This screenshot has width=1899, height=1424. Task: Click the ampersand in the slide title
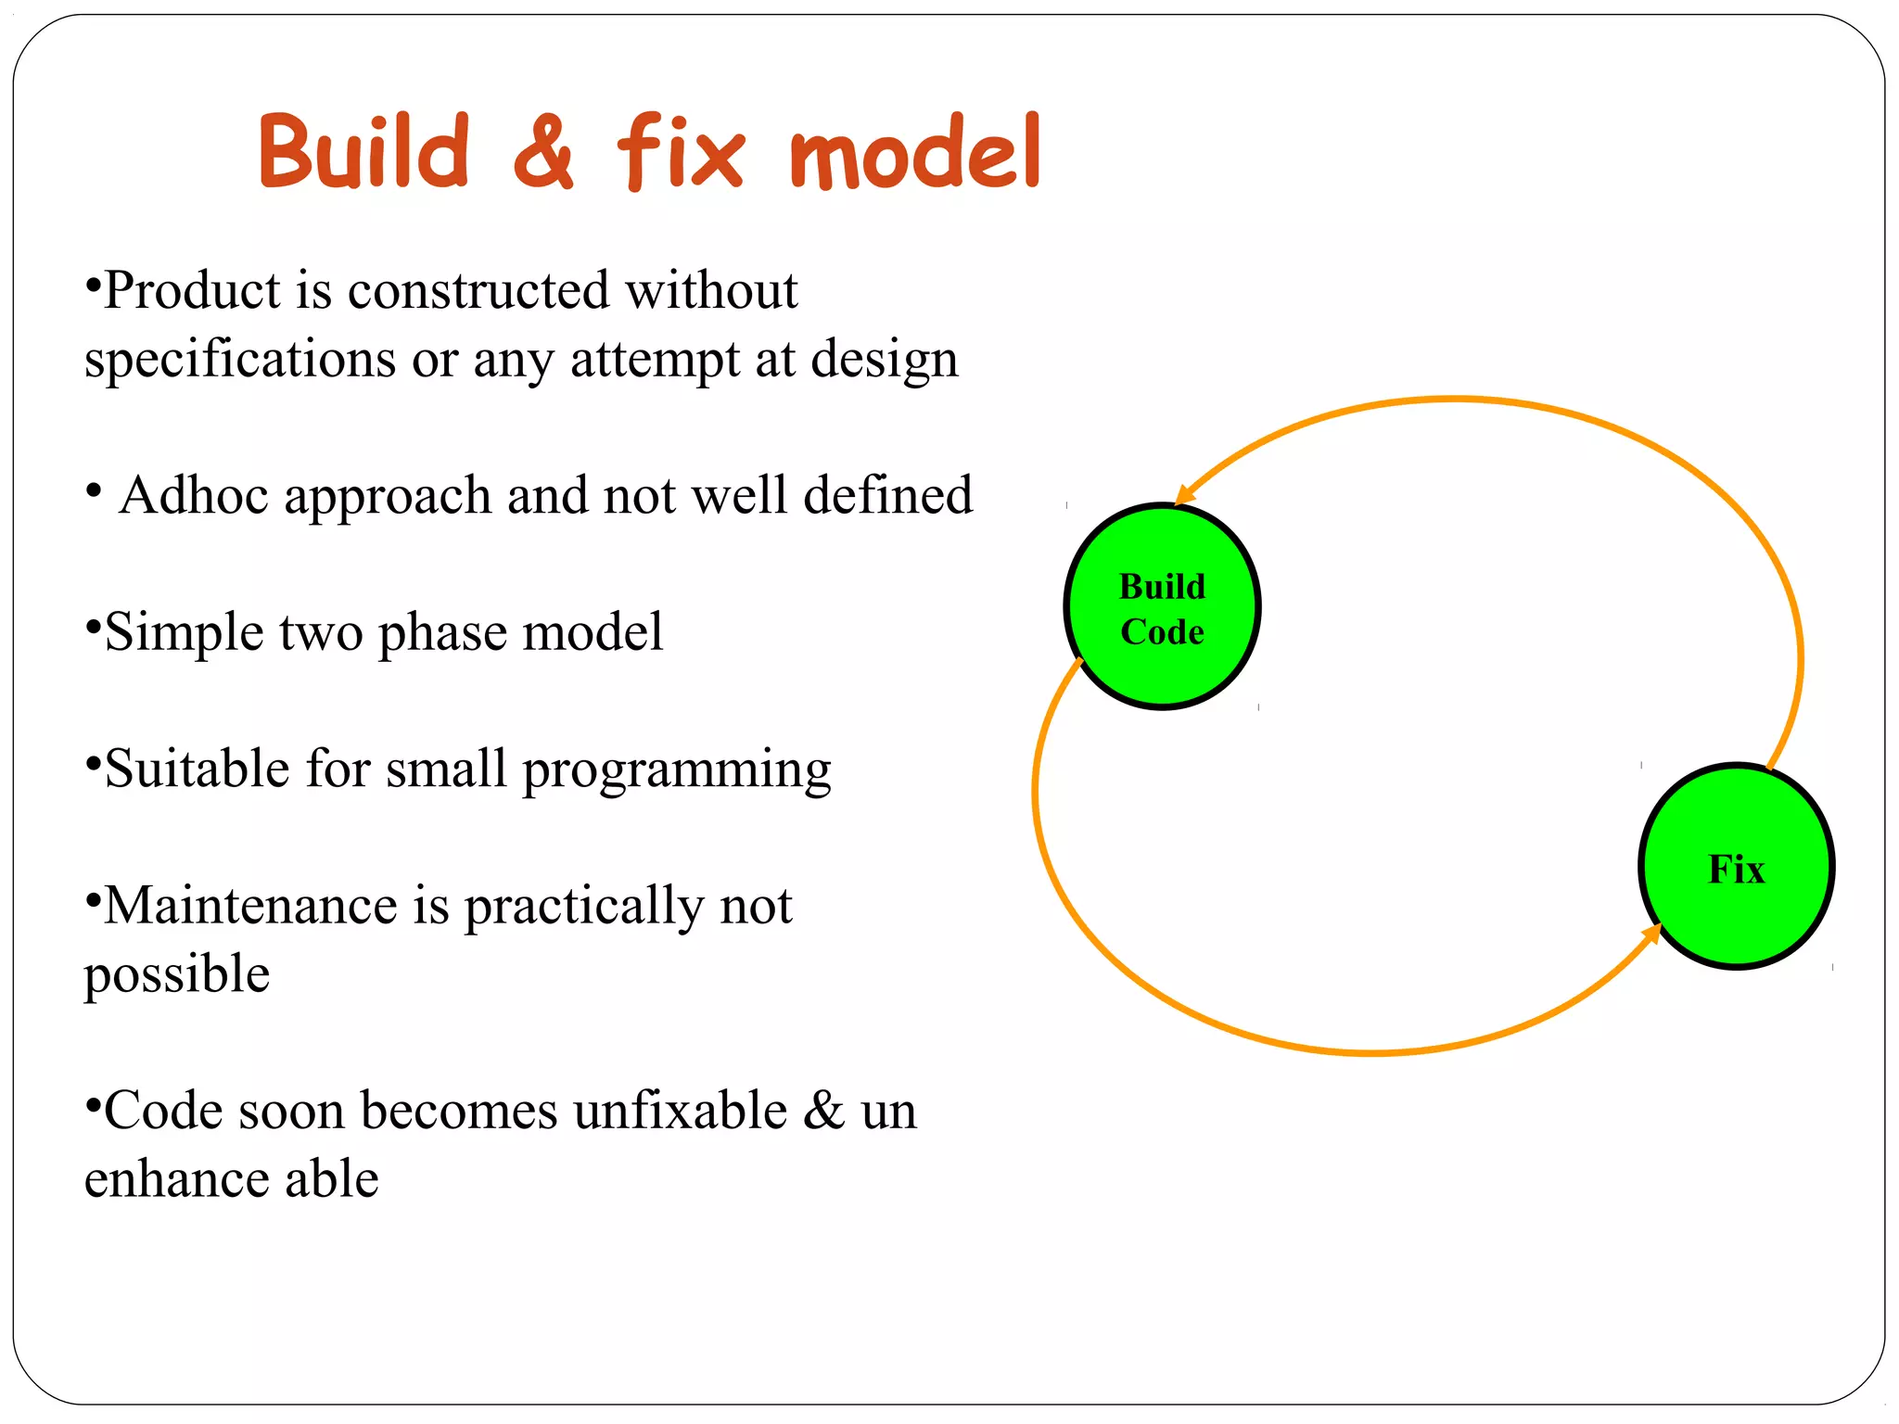543,151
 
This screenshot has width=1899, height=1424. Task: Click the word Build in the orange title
363,151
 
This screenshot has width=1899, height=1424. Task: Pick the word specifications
239,360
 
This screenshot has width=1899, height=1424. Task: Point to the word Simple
184,632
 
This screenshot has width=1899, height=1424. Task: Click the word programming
676,769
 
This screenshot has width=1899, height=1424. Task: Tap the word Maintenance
250,906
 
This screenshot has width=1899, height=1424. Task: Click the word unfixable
680,1111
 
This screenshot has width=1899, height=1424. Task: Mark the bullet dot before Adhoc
93,490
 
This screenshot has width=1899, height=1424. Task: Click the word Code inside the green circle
1161,632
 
